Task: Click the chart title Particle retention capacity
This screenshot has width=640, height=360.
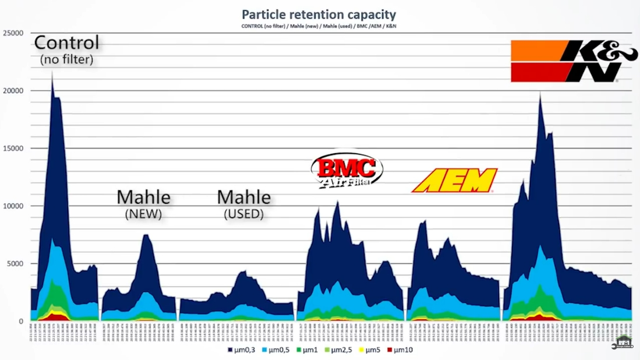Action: (319, 14)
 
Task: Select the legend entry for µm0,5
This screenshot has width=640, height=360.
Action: (277, 350)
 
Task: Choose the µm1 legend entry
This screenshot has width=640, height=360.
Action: (307, 350)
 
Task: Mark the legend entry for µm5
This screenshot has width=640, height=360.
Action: (370, 350)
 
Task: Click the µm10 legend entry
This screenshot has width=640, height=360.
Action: (400, 350)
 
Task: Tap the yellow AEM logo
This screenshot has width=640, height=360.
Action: (455, 181)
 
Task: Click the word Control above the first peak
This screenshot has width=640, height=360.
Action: (66, 43)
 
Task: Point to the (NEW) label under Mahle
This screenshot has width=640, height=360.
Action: (143, 214)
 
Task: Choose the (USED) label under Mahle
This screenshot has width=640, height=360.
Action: (243, 214)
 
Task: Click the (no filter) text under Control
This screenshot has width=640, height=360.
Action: (66, 59)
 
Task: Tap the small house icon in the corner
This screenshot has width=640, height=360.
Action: (624, 342)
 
